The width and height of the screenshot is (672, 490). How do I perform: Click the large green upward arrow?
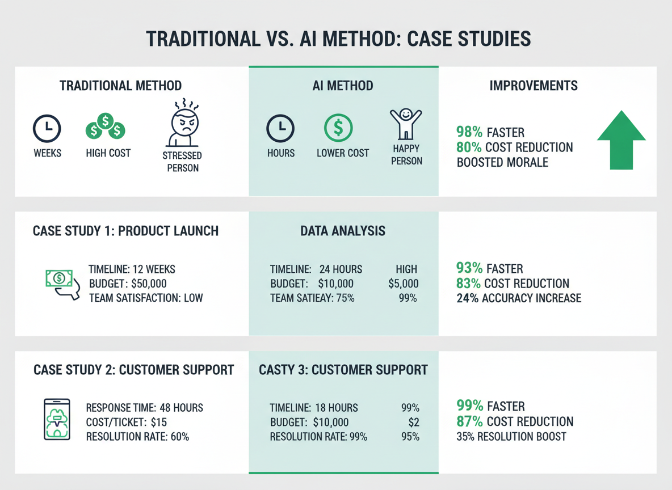click(621, 140)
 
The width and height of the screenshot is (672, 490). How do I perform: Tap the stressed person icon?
click(183, 123)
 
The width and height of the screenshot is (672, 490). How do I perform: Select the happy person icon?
click(405, 124)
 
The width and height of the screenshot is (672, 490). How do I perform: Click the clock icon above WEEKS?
click(47, 129)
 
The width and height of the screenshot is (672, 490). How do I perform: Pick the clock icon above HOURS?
click(280, 128)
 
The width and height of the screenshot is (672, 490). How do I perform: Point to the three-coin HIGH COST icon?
click(106, 126)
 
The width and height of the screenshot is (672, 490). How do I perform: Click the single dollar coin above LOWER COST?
click(338, 128)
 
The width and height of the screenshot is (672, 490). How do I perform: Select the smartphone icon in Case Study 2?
click(57, 419)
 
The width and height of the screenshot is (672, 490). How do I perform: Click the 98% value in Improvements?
click(469, 132)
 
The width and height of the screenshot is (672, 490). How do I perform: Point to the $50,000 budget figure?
click(149, 284)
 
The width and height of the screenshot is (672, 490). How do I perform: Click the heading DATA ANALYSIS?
click(343, 231)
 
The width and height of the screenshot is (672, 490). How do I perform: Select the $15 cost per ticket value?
click(158, 423)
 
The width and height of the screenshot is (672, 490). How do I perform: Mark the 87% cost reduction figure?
click(469, 421)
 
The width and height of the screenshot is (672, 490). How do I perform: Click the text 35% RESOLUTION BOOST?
click(511, 437)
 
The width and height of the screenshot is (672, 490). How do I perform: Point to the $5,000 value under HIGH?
click(404, 284)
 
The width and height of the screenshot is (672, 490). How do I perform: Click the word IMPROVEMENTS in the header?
click(534, 86)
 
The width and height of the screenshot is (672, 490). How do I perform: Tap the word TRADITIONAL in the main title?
click(203, 39)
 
